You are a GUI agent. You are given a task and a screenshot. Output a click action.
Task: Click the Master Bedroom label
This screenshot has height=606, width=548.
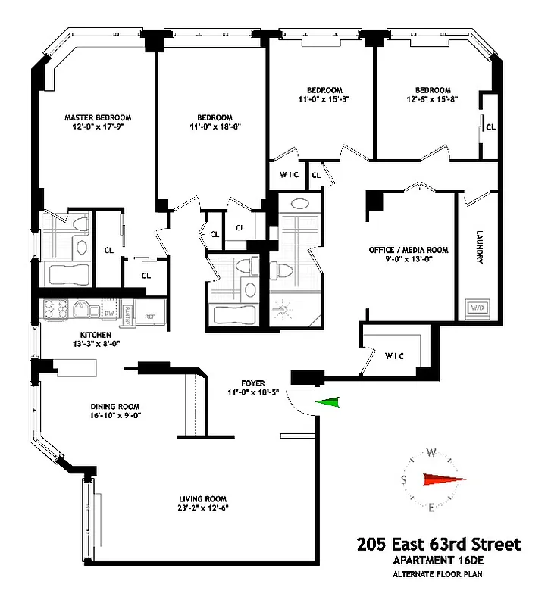point(98,117)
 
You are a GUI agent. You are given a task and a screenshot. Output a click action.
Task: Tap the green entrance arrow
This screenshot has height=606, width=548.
point(328,404)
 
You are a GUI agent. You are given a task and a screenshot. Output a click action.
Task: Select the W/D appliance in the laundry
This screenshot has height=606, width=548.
point(478,308)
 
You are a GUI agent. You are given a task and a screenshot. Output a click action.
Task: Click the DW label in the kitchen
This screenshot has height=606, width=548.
point(109,312)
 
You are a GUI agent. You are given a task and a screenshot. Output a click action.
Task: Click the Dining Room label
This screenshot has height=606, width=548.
point(116,406)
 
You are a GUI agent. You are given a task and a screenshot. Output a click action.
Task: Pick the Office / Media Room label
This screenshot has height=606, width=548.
point(409,249)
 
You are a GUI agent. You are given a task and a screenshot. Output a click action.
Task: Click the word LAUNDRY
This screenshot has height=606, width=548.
point(480,247)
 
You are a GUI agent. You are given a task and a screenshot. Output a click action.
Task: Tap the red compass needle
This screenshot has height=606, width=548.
point(443,479)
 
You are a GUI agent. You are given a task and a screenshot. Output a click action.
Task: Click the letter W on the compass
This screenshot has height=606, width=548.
point(431,452)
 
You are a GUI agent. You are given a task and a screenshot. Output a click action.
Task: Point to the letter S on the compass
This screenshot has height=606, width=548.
point(404,479)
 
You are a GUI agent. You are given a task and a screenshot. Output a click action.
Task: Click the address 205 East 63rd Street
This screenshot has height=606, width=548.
point(439,544)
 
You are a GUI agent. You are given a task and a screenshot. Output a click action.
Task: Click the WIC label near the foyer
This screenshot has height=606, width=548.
point(396,355)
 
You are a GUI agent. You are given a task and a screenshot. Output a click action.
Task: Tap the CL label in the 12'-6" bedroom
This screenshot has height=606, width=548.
point(490,127)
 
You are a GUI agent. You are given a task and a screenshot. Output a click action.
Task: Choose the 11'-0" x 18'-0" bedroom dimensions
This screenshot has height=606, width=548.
point(215,127)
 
